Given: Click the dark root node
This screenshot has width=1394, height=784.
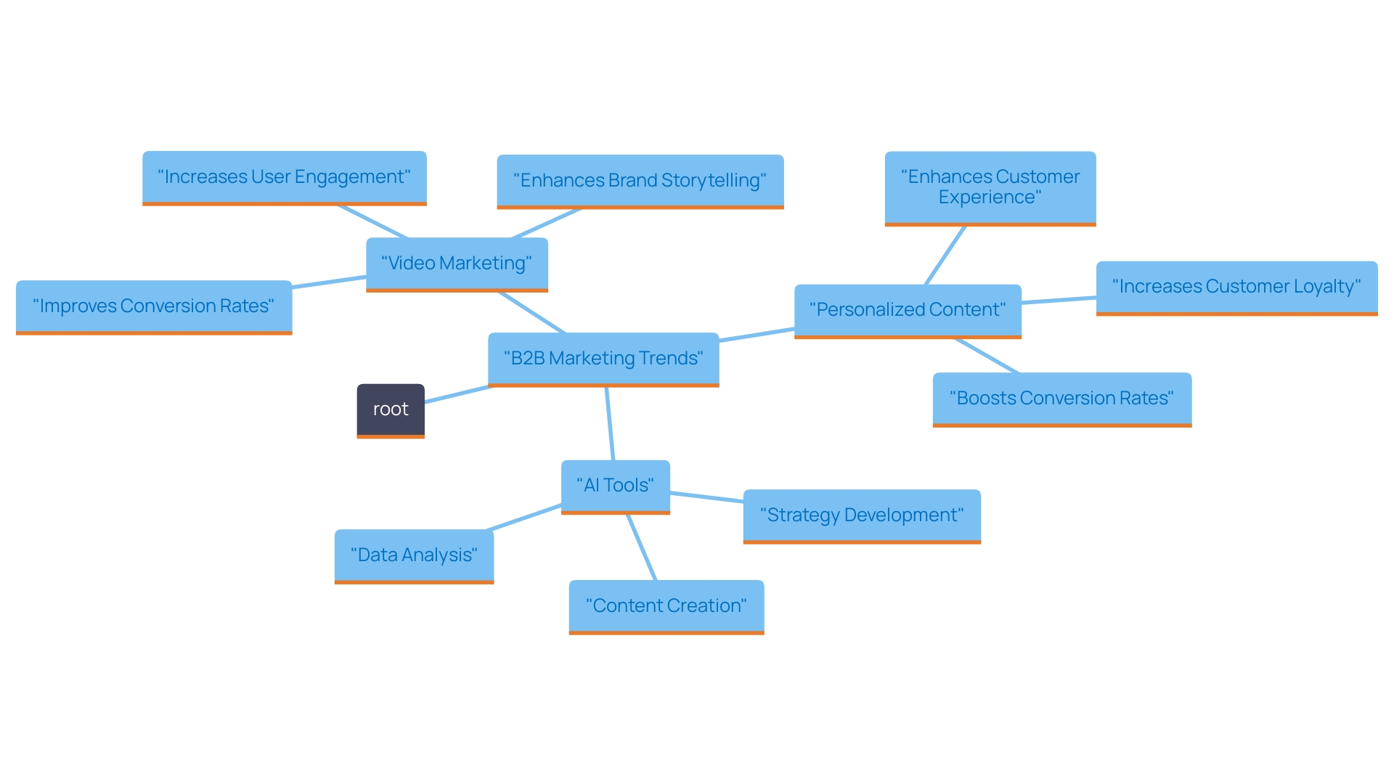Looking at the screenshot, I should click(391, 410).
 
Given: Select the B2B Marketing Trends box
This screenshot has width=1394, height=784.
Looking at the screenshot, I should click(603, 359).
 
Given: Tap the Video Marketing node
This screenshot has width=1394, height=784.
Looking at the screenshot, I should click(457, 264).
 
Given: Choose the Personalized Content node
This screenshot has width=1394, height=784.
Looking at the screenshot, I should click(908, 310).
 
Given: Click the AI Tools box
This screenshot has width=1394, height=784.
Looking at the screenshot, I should click(615, 486).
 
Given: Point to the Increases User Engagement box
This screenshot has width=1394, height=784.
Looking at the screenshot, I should click(284, 177).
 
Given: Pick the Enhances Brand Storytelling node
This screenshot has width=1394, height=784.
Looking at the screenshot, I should click(640, 181).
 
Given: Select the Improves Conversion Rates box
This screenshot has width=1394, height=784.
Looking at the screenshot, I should click(154, 306).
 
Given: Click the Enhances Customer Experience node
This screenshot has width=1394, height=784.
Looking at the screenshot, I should click(990, 187).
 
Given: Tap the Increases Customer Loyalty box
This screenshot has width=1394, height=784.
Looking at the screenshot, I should click(1236, 287).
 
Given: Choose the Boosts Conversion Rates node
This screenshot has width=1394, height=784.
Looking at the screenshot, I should click(1061, 399).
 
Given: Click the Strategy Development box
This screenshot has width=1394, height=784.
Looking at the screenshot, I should click(862, 515).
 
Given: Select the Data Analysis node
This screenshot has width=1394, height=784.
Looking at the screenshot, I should click(414, 555).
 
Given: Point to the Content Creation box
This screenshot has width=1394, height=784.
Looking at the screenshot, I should click(666, 606).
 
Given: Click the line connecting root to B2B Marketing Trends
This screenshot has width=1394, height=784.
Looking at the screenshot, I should click(457, 394).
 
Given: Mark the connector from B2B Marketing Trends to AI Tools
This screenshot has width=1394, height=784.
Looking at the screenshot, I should click(610, 424).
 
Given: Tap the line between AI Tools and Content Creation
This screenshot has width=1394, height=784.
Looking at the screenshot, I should click(642, 547).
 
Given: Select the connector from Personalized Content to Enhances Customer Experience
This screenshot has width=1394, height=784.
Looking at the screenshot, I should click(945, 255).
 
